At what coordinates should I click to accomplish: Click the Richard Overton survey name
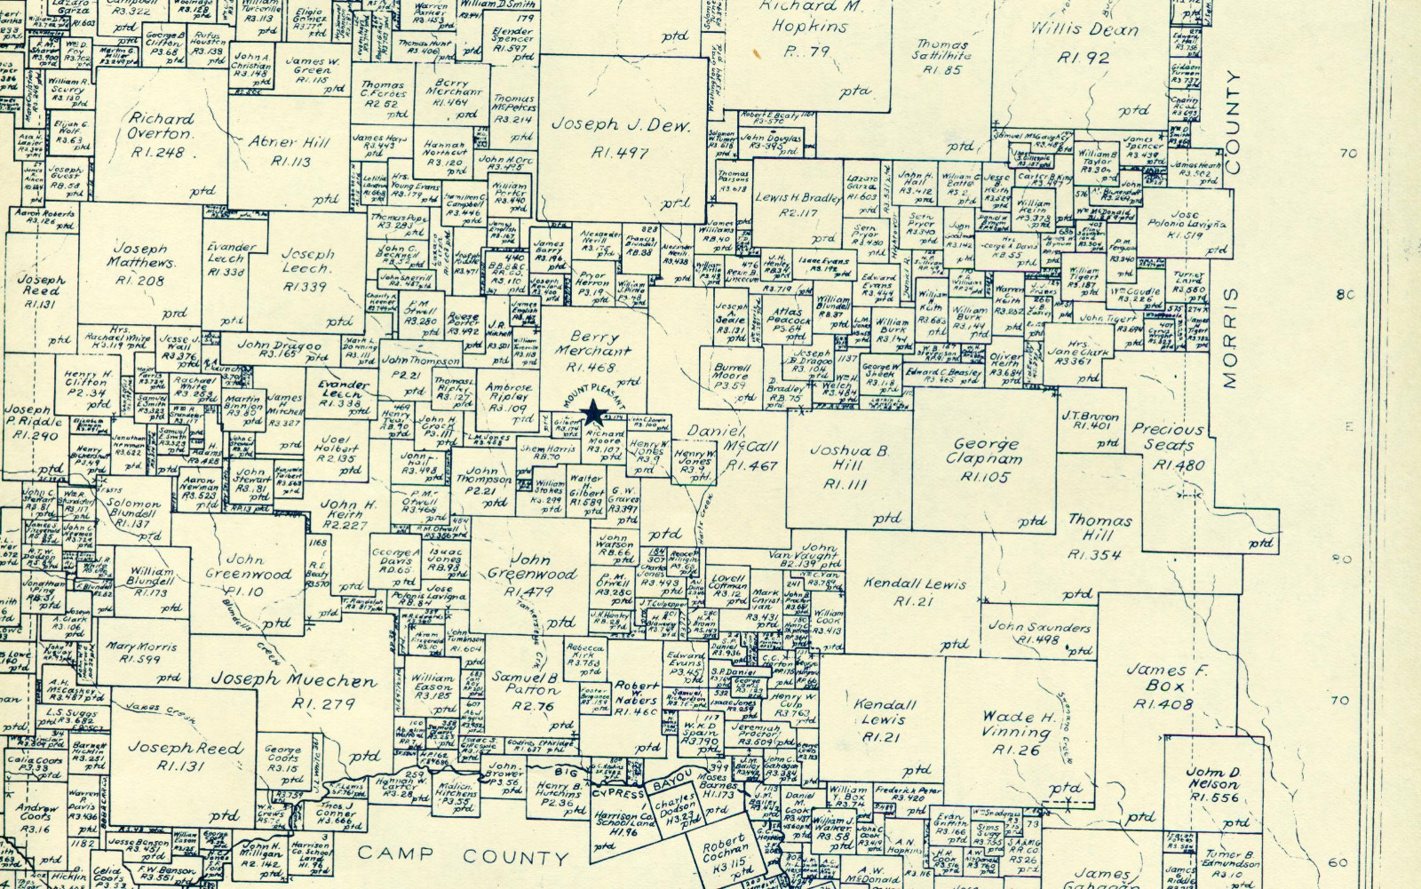161,126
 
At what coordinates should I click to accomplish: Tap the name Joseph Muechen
294,680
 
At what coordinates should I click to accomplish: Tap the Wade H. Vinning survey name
1018,725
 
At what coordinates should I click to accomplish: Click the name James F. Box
1166,678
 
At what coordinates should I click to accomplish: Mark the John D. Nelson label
1213,778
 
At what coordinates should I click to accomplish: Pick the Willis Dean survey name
1084,29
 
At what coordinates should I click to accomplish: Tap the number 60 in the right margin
1340,861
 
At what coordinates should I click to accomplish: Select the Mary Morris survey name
141,647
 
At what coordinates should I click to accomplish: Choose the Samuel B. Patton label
525,684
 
